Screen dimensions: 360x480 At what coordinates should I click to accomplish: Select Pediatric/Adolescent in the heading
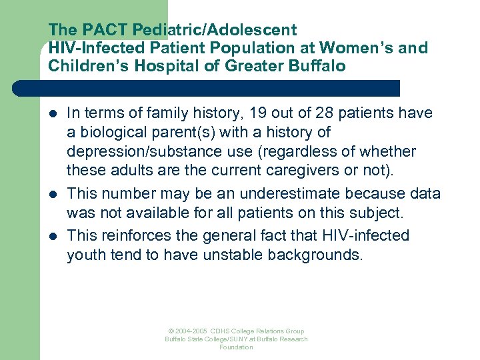click(x=214, y=30)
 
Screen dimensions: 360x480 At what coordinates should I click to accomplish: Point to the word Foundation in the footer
click(x=236, y=347)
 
